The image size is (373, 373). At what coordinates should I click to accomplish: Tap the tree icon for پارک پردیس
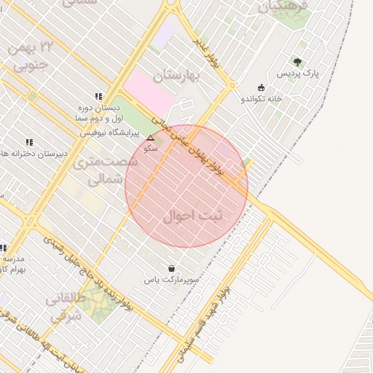pos(297,62)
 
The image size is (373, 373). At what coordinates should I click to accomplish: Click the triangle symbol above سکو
pos(151,137)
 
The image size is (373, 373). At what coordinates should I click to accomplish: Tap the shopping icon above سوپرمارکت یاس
pos(171,268)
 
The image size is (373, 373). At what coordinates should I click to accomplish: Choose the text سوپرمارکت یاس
pos(171,279)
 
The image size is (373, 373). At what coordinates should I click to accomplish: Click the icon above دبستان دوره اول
pos(98,96)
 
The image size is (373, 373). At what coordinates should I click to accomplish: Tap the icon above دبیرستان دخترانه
pos(29,142)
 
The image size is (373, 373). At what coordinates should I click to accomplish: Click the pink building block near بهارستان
pos(149,94)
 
